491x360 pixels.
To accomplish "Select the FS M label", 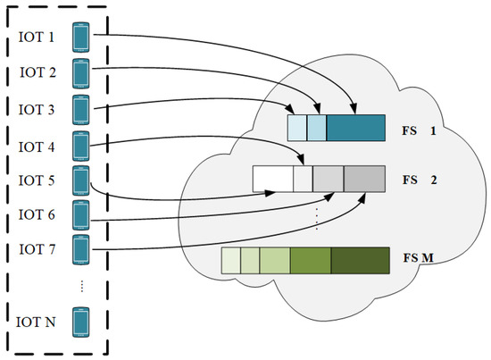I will click(416, 260).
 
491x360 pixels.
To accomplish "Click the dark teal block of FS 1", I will click(355, 129).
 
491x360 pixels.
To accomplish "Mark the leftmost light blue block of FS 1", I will click(296, 129).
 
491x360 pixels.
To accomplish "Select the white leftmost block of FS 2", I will click(273, 180).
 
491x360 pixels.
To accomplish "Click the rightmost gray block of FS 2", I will click(364, 180).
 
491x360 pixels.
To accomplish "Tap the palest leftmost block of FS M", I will click(230, 260).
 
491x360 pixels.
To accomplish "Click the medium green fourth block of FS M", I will click(311, 260).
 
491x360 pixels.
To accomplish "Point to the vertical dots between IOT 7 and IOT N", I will click(82, 285).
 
